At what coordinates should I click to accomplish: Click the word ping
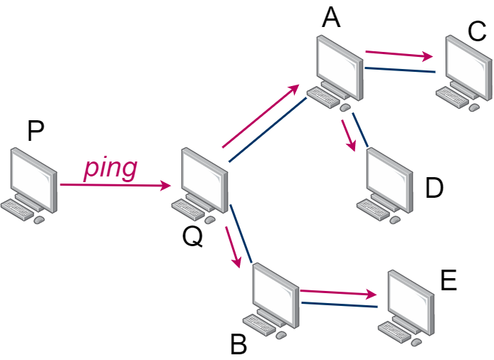(110, 169)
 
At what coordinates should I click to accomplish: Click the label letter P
(36, 131)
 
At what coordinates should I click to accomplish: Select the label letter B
(238, 346)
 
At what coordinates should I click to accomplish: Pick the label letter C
(477, 31)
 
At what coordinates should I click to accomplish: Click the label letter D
(433, 188)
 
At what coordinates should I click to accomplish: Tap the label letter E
(448, 281)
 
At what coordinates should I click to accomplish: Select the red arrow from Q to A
(261, 117)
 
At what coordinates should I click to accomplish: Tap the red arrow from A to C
(399, 55)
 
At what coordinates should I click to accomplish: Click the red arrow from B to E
(337, 292)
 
